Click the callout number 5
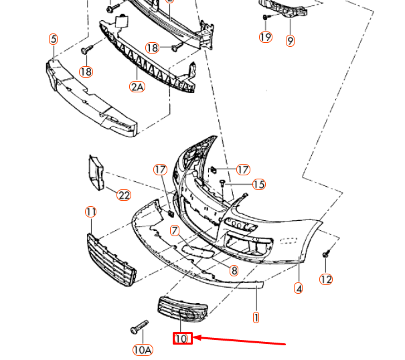pyautogui.click(x=53, y=39)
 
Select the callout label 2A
pyautogui.click(x=137, y=86)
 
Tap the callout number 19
pyautogui.click(x=266, y=37)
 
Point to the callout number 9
pyautogui.click(x=290, y=41)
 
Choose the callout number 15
pyautogui.click(x=258, y=184)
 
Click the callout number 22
pyautogui.click(x=123, y=195)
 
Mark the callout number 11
pyautogui.click(x=91, y=212)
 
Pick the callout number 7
pyautogui.click(x=175, y=231)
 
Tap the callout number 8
pyautogui.click(x=234, y=270)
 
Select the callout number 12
pyautogui.click(x=325, y=280)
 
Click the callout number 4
pyautogui.click(x=298, y=289)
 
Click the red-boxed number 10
pyautogui.click(x=181, y=339)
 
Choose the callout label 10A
pyautogui.click(x=143, y=349)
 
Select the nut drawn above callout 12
pyautogui.click(x=326, y=254)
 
